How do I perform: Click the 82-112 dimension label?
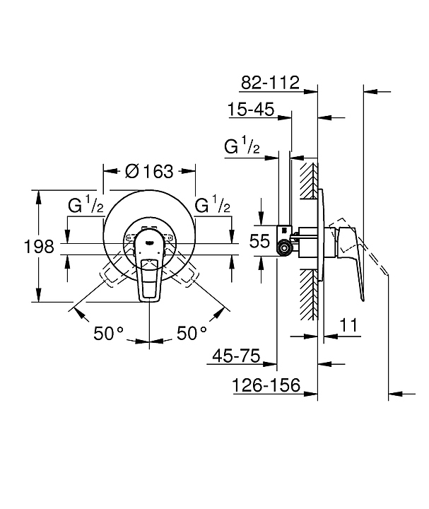coord(270,83)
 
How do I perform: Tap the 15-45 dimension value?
coord(251,109)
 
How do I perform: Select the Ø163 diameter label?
coord(149,171)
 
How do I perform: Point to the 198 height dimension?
coord(39,247)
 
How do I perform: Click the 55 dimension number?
coord(259,241)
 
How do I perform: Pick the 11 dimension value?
coord(348,324)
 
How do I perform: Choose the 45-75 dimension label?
coord(236,356)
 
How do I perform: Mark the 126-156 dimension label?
coord(266,385)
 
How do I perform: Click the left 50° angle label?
coord(108,333)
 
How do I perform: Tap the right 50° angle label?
coord(192,333)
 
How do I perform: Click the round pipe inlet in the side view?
coord(285,248)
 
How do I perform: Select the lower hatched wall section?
coord(309,294)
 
